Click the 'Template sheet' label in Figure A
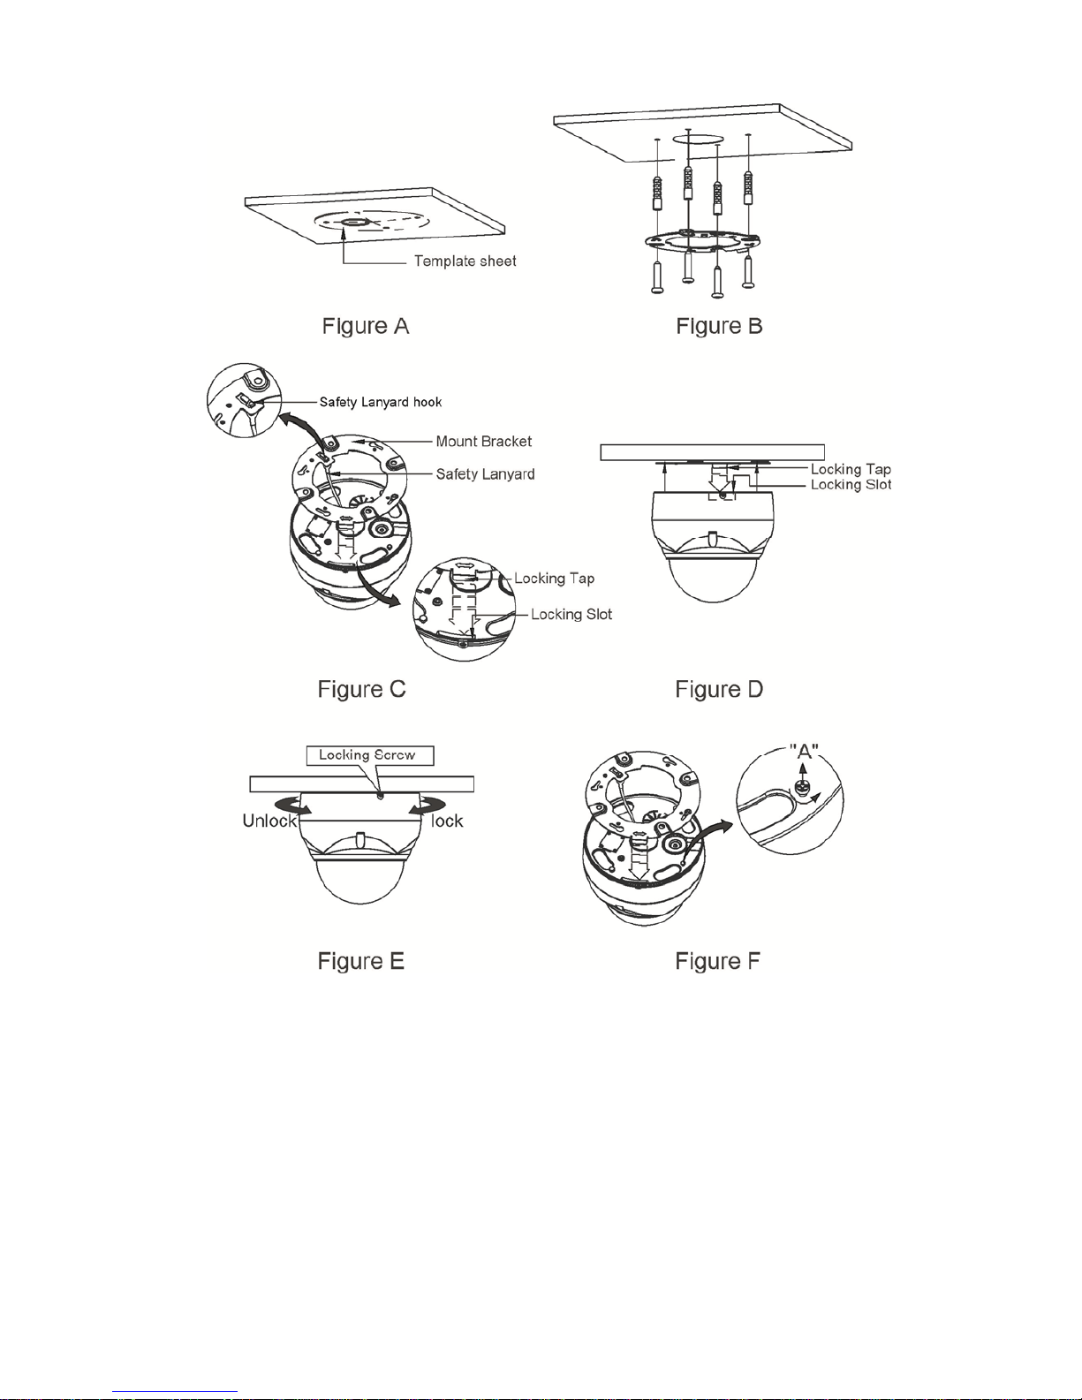465,261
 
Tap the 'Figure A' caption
365,326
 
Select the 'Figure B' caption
719,326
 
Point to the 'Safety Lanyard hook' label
381,402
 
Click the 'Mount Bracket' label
484,442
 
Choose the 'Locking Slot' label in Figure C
571,614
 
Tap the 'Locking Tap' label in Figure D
851,469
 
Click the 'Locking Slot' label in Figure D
851,485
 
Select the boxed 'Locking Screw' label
370,755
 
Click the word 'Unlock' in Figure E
269,821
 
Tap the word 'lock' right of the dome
447,821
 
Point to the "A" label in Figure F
804,751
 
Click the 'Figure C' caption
362,689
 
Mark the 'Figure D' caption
719,689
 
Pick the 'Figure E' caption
360,961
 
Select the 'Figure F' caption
717,961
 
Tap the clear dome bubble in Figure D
711,578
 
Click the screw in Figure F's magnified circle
803,787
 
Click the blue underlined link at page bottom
175,1392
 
